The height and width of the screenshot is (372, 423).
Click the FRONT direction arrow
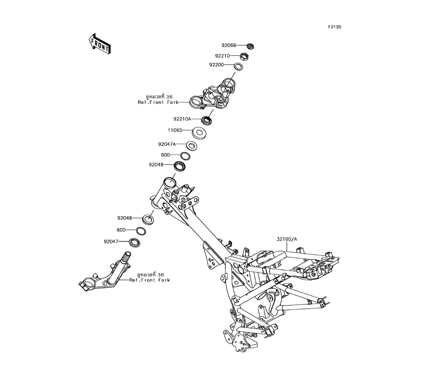coord(99,44)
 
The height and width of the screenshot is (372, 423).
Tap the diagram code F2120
coord(334,27)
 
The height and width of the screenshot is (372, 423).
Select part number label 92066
coord(230,45)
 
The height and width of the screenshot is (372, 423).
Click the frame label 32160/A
coord(287,239)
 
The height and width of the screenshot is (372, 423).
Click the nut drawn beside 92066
coord(250,46)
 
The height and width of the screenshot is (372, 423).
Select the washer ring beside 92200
coord(239,66)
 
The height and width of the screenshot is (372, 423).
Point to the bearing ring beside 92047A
coord(192,146)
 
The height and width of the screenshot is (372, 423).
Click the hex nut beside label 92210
coord(244,56)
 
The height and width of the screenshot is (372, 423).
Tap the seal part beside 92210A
coord(207,120)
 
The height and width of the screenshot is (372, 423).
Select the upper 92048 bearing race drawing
coord(180,166)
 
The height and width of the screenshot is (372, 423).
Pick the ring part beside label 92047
coord(135,243)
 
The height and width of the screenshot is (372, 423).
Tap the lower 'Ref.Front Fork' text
coord(149,280)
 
